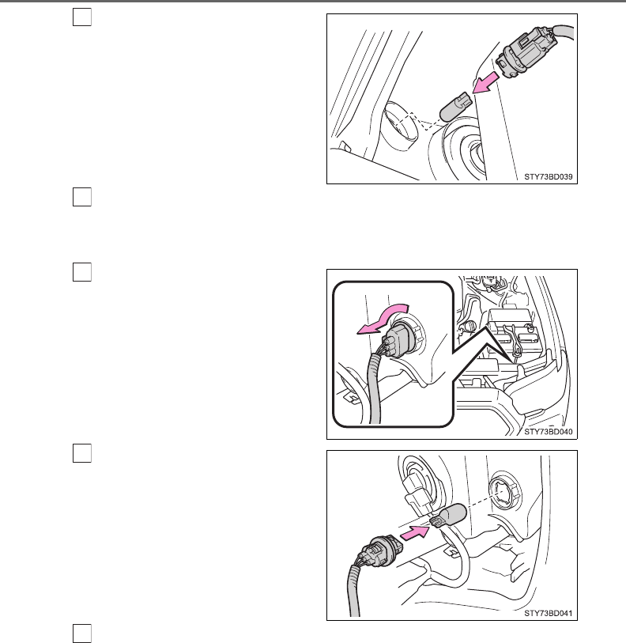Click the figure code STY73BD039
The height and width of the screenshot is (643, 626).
coord(548,176)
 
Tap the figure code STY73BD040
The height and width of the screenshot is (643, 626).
coord(548,432)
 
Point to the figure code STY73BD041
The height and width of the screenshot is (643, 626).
coord(548,614)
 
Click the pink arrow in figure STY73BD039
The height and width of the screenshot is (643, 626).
coord(485,84)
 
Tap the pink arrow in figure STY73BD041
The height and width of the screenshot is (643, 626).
coord(414,533)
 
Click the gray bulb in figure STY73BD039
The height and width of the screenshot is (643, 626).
coord(455,108)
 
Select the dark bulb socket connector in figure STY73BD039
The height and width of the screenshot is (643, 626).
coord(525,52)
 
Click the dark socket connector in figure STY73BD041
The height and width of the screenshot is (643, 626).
coord(376,550)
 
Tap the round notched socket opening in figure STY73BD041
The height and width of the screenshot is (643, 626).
coord(506,493)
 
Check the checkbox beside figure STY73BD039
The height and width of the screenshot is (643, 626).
coord(82,17)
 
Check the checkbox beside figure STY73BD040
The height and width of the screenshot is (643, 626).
coord(82,272)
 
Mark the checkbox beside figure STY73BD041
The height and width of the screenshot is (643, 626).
coord(82,453)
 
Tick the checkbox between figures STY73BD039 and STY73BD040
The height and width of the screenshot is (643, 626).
coord(82,197)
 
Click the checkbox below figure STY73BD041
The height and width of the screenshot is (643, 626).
coord(82,634)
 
